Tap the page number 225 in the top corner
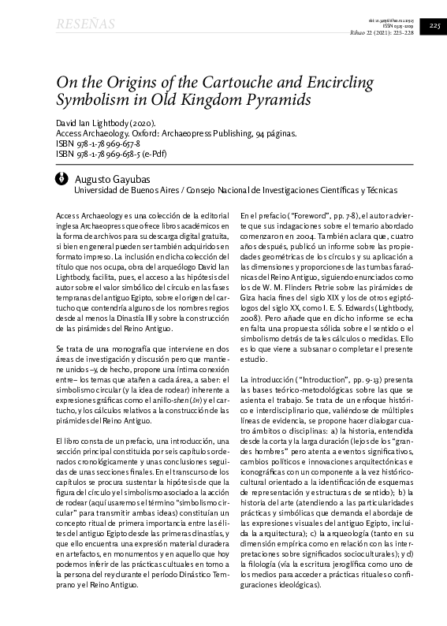tap(434, 27)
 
